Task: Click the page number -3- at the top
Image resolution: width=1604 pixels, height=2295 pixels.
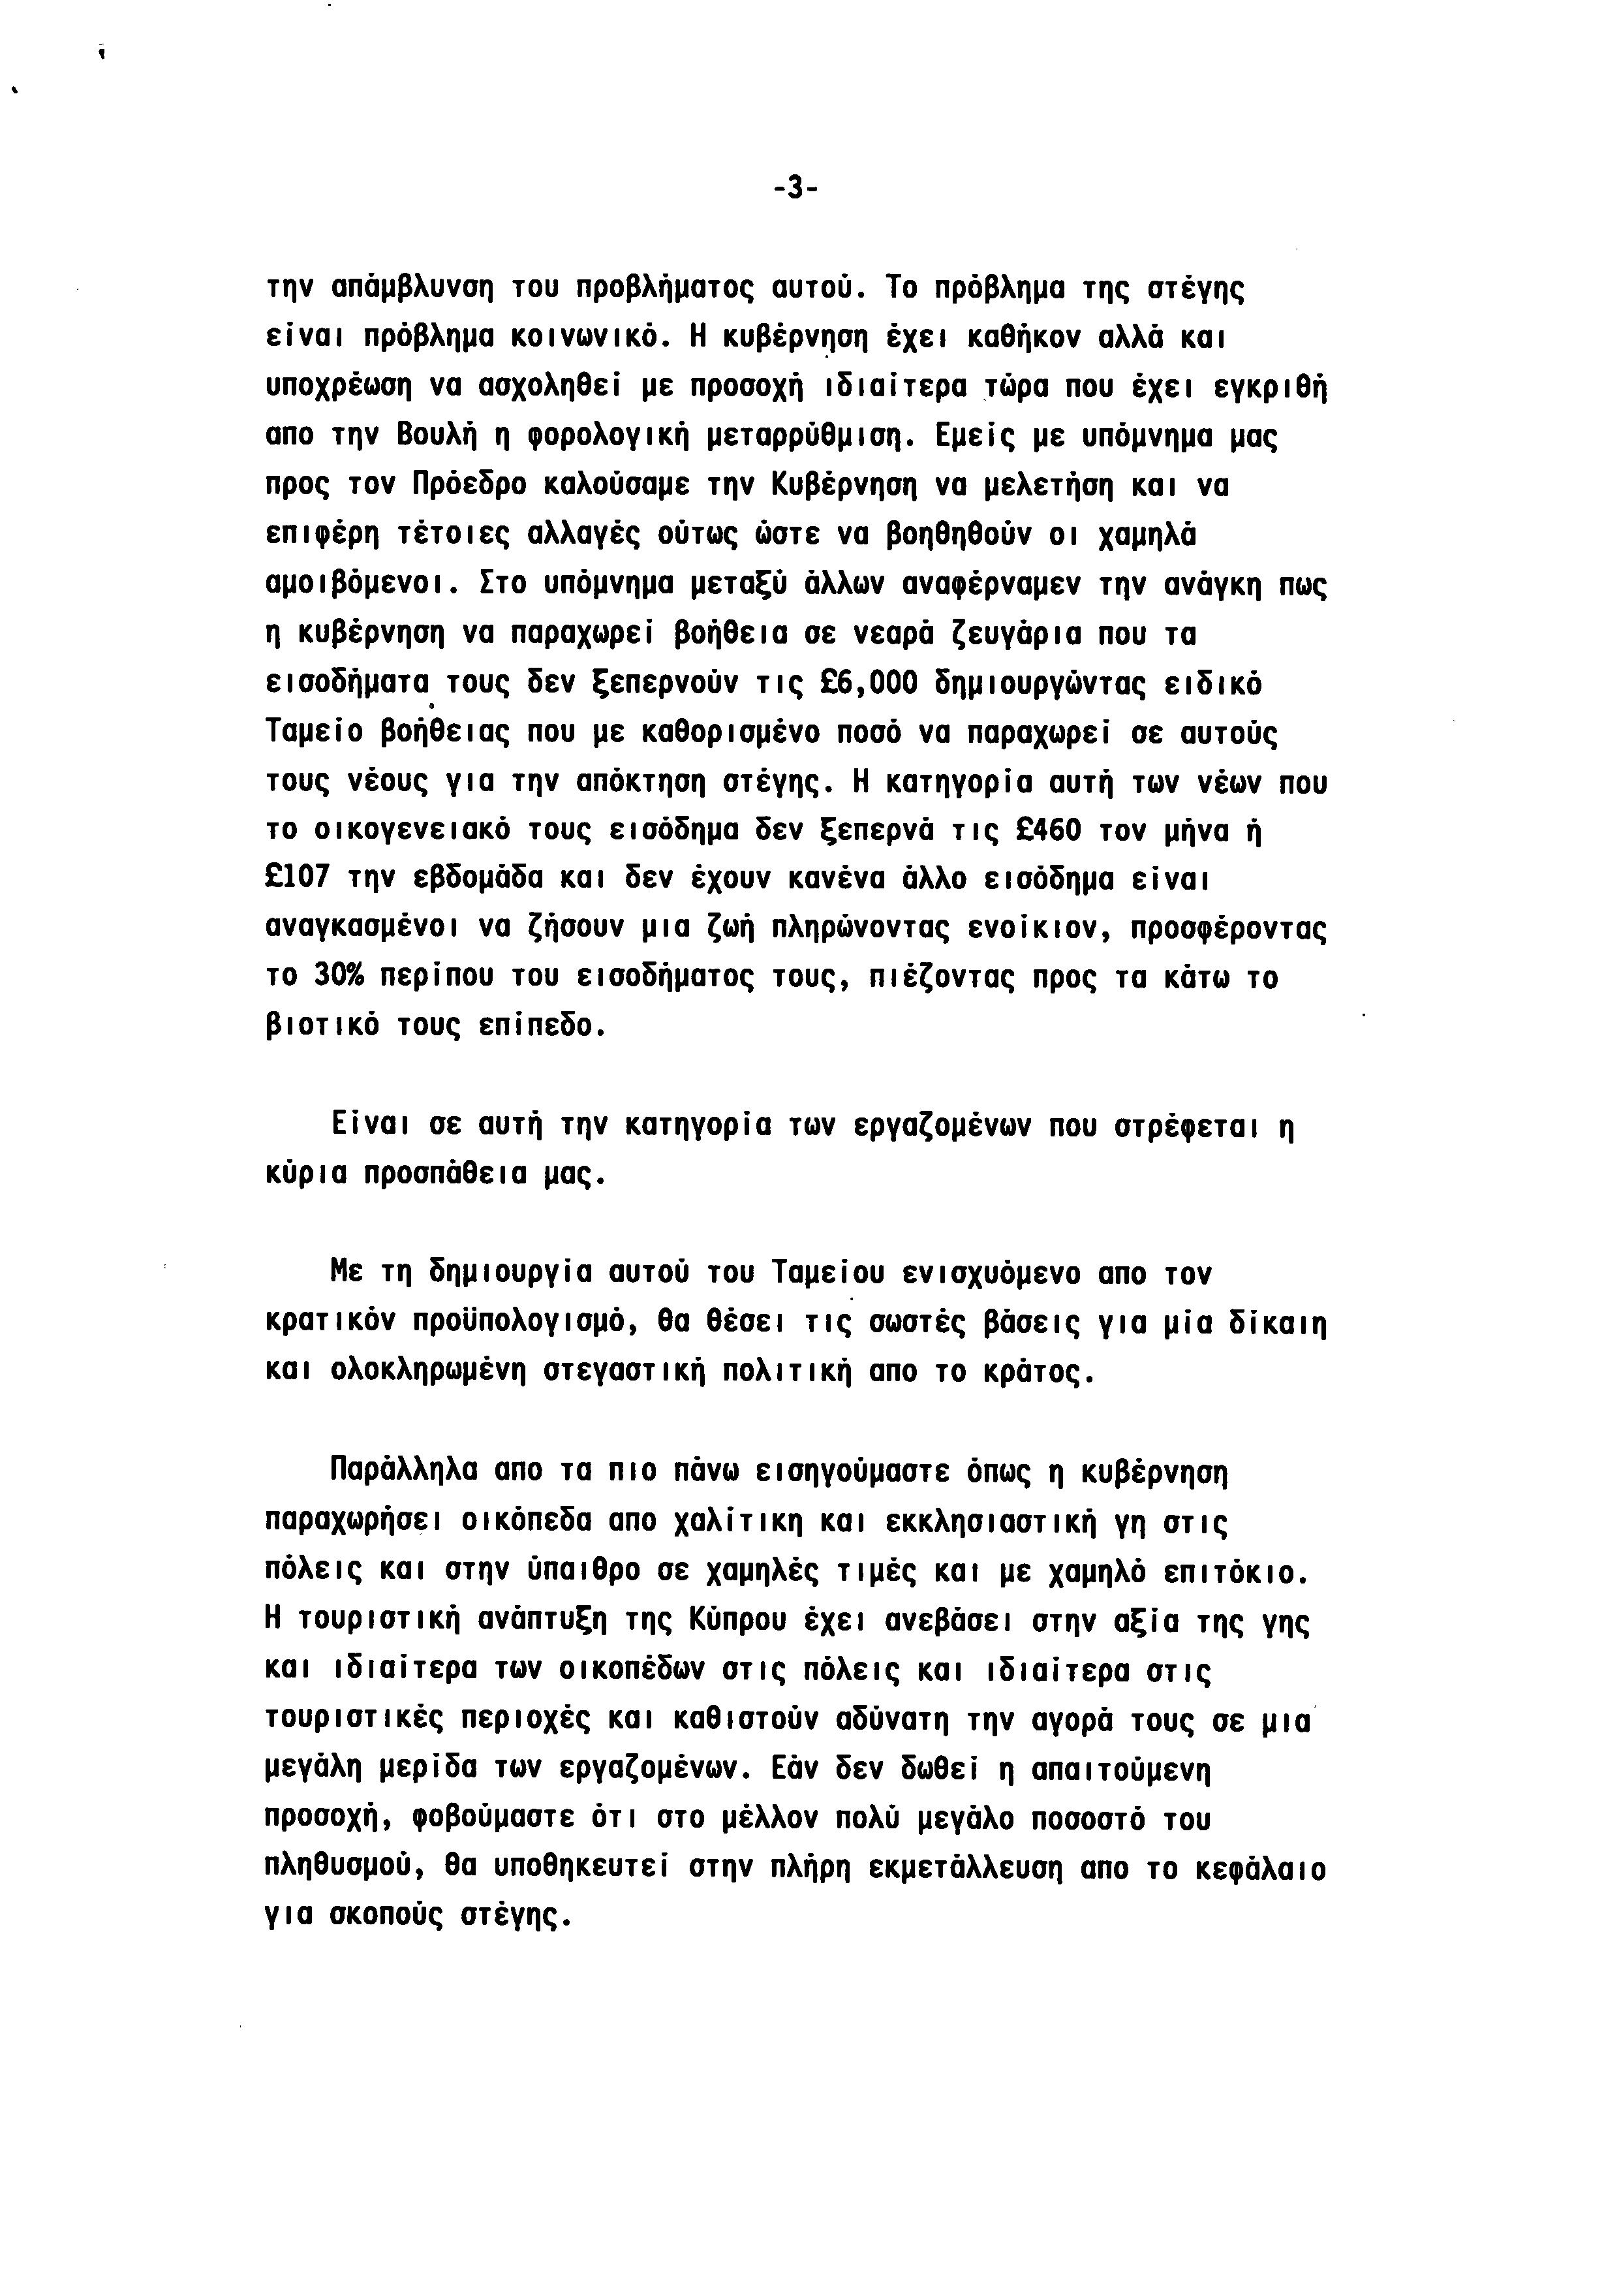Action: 795,188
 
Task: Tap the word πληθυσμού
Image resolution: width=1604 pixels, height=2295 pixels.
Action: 340,1866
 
